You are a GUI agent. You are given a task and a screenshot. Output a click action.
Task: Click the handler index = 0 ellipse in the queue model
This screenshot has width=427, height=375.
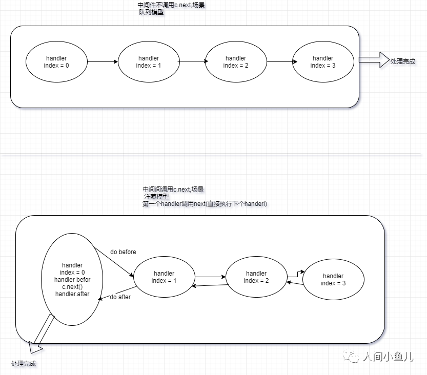[x=56, y=61]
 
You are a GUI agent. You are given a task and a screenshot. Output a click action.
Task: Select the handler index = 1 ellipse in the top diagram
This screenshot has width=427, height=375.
[x=149, y=61]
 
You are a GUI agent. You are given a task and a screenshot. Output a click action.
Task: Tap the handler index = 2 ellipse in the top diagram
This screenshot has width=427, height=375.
[x=236, y=61]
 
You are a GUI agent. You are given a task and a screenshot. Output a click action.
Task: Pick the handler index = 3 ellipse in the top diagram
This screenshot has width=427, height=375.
[x=322, y=61]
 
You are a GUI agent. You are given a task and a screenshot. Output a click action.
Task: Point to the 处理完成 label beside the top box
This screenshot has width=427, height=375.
[x=403, y=61]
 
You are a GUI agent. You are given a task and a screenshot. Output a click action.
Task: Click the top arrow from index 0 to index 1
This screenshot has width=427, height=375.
[x=103, y=62]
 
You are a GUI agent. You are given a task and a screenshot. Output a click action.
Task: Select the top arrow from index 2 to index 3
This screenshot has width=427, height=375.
[x=279, y=62]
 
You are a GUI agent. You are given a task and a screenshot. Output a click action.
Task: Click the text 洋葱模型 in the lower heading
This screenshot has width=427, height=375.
[x=156, y=197]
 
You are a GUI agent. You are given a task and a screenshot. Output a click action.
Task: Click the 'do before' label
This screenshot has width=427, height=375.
[x=123, y=252]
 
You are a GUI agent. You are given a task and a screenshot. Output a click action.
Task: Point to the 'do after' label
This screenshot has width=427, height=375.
[x=119, y=297]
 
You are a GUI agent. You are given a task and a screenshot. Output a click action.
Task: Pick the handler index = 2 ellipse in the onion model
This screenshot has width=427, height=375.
[x=256, y=277]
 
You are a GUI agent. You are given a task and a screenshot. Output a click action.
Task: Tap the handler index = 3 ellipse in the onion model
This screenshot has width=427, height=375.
[x=333, y=280]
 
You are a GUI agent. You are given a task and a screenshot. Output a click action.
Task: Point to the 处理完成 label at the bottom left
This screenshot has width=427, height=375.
[x=24, y=363]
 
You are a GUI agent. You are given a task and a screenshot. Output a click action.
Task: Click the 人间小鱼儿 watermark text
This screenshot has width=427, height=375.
[x=387, y=357]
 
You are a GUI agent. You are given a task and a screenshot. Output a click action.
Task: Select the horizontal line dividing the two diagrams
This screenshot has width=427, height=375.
[x=213, y=153]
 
